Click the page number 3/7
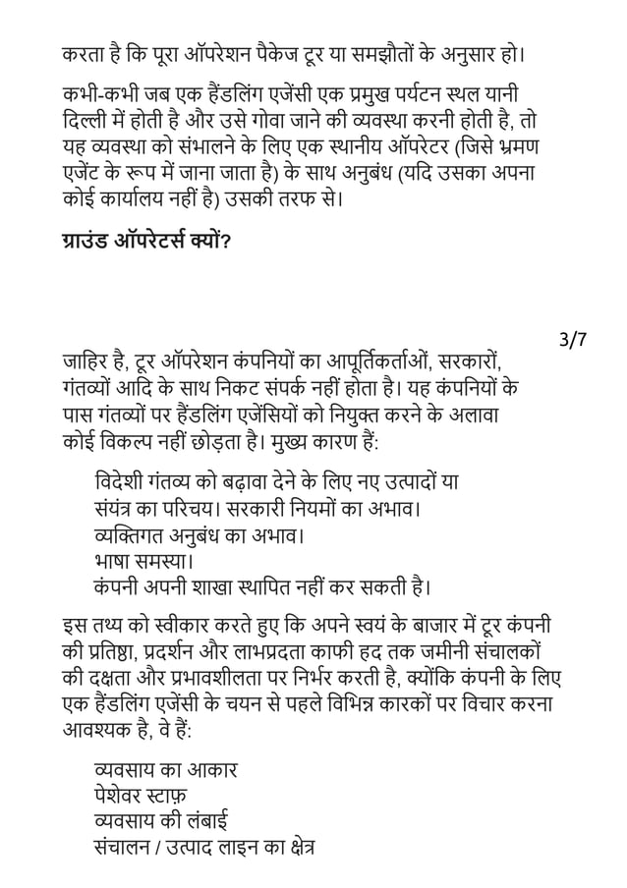coord(572,341)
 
